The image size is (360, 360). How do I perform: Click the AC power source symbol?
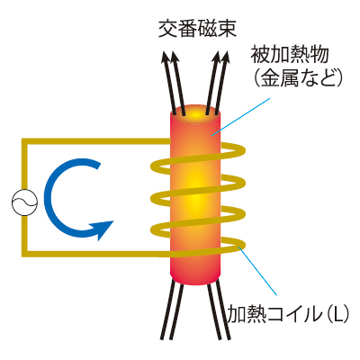pyautogui.click(x=25, y=202)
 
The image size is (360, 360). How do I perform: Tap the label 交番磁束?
pyautogui.click(x=198, y=29)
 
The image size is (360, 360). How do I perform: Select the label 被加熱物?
pyautogui.click(x=290, y=55)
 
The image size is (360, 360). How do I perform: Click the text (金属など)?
pyautogui.click(x=298, y=77)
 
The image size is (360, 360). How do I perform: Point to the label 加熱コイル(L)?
pyautogui.click(x=288, y=314)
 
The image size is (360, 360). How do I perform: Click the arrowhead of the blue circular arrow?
pyautogui.click(x=102, y=229)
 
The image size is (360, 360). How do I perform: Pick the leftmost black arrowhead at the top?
pyautogui.click(x=165, y=57)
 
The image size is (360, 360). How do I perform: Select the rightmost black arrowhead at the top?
pyautogui.click(x=226, y=57)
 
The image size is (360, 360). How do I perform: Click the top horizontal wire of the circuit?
pyautogui.click(x=96, y=141)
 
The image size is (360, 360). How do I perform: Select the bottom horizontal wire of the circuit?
pyautogui.click(x=96, y=254)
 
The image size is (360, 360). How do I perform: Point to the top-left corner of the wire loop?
pyautogui.click(x=24, y=141)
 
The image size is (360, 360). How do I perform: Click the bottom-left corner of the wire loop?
pyautogui.click(x=24, y=254)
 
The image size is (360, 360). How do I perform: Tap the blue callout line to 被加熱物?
pyautogui.click(x=240, y=116)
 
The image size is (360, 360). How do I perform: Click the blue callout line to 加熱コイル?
pyautogui.click(x=257, y=270)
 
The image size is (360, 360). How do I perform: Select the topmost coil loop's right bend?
pyautogui.click(x=241, y=150)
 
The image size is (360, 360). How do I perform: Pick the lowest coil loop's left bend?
pyautogui.click(x=155, y=229)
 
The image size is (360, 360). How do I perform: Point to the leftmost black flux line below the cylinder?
pyautogui.click(x=168, y=310)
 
